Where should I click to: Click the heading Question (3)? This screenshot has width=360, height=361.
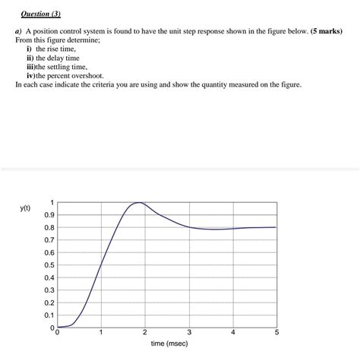coord(39,14)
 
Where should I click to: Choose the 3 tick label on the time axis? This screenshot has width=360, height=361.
coord(189,333)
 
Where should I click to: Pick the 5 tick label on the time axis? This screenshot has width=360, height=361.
coord(277,333)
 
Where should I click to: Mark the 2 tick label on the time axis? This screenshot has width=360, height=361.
coord(145,333)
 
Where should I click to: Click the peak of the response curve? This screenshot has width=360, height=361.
coord(137,203)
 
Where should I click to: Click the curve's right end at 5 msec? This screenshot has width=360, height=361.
coord(276,227)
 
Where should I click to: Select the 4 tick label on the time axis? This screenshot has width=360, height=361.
coord(233,333)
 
